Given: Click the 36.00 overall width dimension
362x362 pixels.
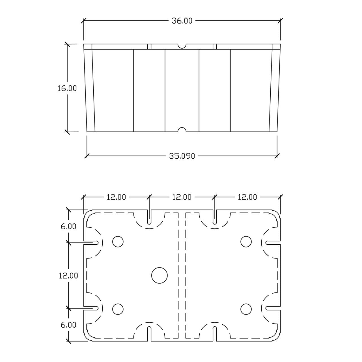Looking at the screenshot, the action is click(x=182, y=21).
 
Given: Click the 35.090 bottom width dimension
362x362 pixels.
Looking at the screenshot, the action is click(x=182, y=156).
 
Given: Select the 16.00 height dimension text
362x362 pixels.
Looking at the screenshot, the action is click(x=67, y=88).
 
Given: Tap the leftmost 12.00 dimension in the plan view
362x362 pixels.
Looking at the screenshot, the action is click(x=116, y=197).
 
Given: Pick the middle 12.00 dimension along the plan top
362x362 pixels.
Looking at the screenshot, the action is click(x=182, y=197).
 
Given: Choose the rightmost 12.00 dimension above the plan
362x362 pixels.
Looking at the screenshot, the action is click(x=247, y=197).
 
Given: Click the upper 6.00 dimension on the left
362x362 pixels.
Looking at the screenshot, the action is click(x=68, y=226).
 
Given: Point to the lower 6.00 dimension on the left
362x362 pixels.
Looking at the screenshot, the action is click(x=68, y=325).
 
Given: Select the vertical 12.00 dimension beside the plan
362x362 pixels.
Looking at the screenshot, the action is click(x=68, y=275).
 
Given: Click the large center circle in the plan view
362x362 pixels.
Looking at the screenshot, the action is click(x=159, y=275).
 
